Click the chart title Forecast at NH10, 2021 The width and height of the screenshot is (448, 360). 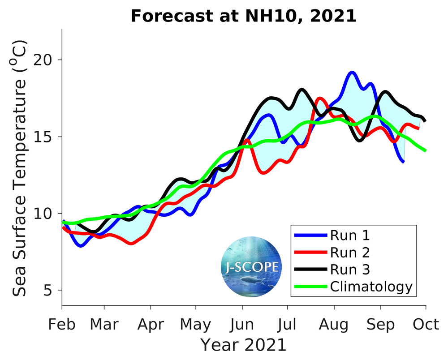coord(243,16)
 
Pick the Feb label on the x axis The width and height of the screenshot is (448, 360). coord(62,324)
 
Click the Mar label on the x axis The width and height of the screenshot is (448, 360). coord(104,324)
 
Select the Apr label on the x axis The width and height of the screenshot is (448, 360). coord(151,324)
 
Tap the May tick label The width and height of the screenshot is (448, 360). coord(195,324)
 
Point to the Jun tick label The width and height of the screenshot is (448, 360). coord(242,324)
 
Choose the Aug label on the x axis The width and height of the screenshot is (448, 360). coord(334,324)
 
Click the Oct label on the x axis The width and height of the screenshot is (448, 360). coord(425,324)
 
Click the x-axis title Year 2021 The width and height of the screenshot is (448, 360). coord(243,345)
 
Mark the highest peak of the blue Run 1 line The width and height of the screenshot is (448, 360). coord(352,72)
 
